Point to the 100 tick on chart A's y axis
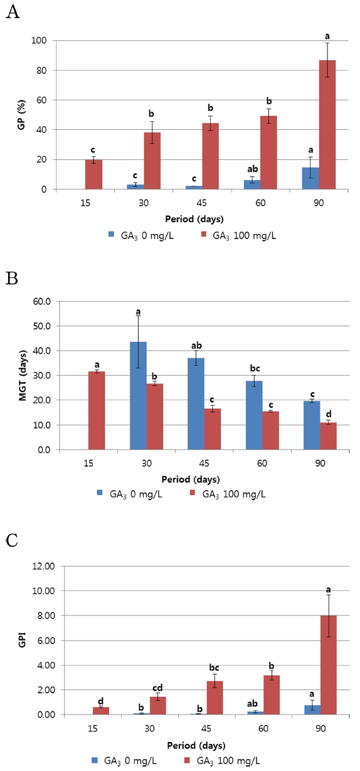pos(45,41)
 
